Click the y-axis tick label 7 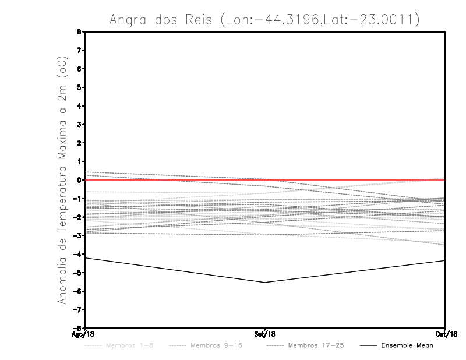(x=80, y=51)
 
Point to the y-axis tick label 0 (x=80, y=180)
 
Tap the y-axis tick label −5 (x=79, y=273)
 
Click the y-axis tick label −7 (x=79, y=309)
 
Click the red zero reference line (x=349, y=180)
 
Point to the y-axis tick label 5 (x=80, y=87)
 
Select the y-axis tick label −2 (x=79, y=217)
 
